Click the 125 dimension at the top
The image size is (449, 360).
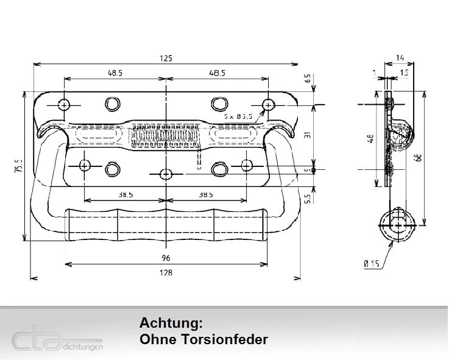click(166, 58)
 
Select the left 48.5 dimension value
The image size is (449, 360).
click(115, 72)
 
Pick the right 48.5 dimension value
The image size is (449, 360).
click(217, 72)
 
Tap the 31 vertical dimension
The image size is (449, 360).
click(308, 135)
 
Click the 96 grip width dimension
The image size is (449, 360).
click(166, 258)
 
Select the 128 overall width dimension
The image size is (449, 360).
click(166, 272)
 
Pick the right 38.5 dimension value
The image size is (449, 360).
click(206, 195)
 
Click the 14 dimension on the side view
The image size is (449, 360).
click(400, 58)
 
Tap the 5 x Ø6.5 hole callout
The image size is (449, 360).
click(238, 116)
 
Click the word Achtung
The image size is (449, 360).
click(170, 323)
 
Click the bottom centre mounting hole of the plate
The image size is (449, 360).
click(166, 174)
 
